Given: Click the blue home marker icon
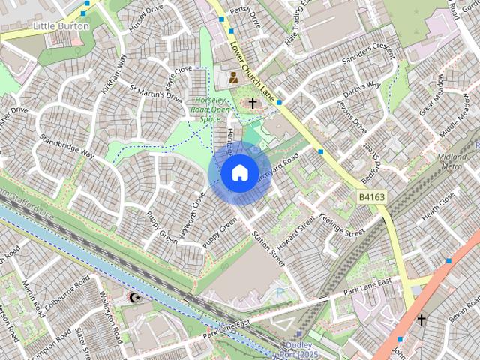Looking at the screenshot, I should [238, 173].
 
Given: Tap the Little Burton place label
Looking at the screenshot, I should [61, 26].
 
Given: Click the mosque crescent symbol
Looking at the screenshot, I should [135, 298].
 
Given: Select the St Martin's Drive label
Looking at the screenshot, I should [156, 97].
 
